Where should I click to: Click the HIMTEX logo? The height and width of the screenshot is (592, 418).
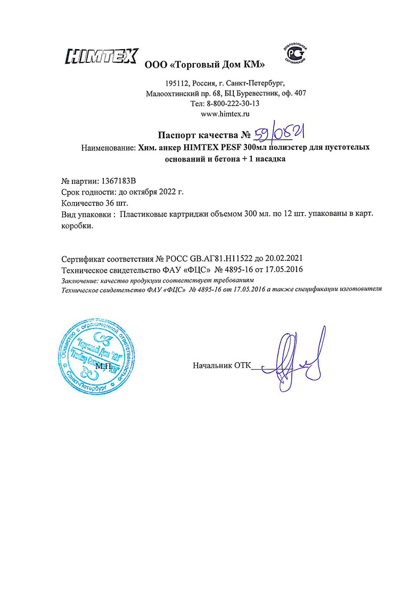(101, 56)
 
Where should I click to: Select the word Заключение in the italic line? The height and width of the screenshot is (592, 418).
(80, 280)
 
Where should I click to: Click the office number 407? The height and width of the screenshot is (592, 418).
(300, 93)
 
